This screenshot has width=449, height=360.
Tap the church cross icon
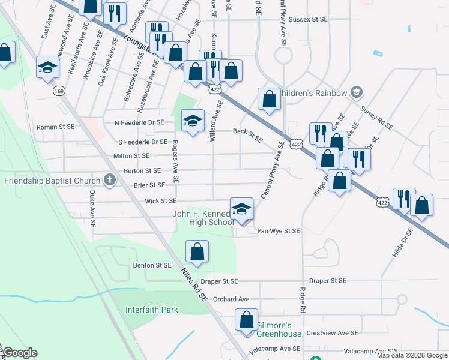(109, 179)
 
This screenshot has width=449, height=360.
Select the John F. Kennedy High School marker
(241, 210)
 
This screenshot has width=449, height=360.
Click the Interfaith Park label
(152, 310)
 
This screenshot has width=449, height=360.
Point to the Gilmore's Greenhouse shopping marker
(247, 321)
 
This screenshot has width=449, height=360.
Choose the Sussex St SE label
(308, 19)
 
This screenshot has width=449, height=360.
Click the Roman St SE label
(55, 127)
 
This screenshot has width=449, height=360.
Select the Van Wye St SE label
(278, 230)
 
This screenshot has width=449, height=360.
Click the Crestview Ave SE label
(332, 332)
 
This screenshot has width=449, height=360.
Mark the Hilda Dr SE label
(403, 242)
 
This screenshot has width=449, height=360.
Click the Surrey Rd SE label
(376, 119)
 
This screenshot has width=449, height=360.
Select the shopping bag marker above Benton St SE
(197, 253)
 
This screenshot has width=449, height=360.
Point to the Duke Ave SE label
(92, 208)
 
